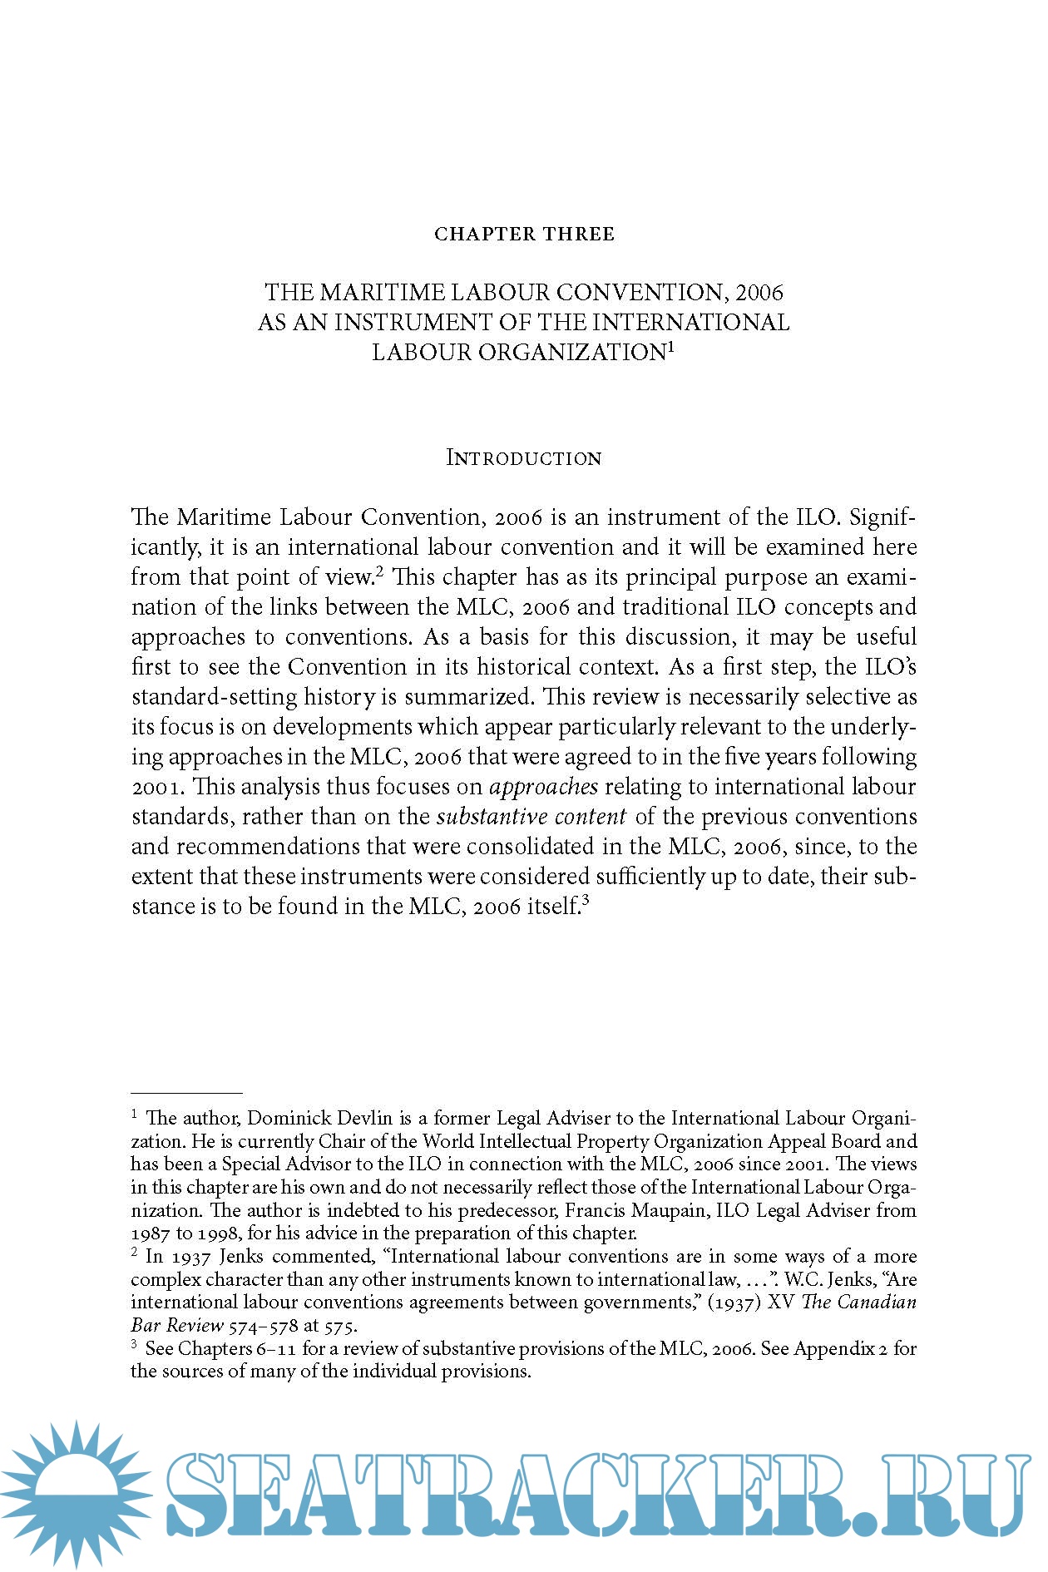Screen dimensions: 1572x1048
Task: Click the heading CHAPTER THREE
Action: (x=524, y=235)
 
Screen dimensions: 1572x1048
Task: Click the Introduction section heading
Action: (x=524, y=458)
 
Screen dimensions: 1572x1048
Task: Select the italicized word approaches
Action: (x=544, y=787)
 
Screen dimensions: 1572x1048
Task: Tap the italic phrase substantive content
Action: (x=531, y=817)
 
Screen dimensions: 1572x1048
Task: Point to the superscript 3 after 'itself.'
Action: (x=586, y=900)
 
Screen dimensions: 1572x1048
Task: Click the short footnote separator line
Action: (x=186, y=1093)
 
